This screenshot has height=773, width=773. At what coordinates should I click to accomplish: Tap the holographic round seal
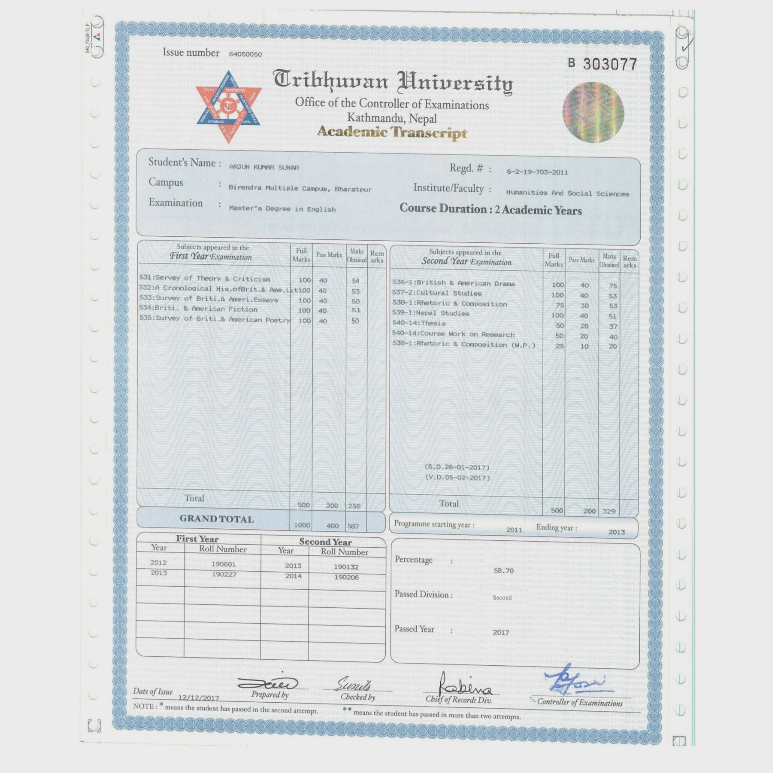pyautogui.click(x=593, y=112)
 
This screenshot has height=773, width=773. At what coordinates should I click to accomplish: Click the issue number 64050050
pyautogui.click(x=245, y=54)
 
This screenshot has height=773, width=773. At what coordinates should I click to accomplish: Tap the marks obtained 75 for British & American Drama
pyautogui.click(x=613, y=286)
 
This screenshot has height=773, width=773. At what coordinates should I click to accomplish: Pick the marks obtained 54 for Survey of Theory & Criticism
pyautogui.click(x=355, y=281)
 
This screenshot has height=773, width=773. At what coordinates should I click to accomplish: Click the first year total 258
pyautogui.click(x=354, y=506)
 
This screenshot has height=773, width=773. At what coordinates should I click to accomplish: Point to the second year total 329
pyautogui.click(x=609, y=511)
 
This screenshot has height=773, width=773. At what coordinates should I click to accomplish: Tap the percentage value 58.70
pyautogui.click(x=503, y=570)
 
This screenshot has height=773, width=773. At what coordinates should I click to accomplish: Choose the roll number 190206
pyautogui.click(x=346, y=577)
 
